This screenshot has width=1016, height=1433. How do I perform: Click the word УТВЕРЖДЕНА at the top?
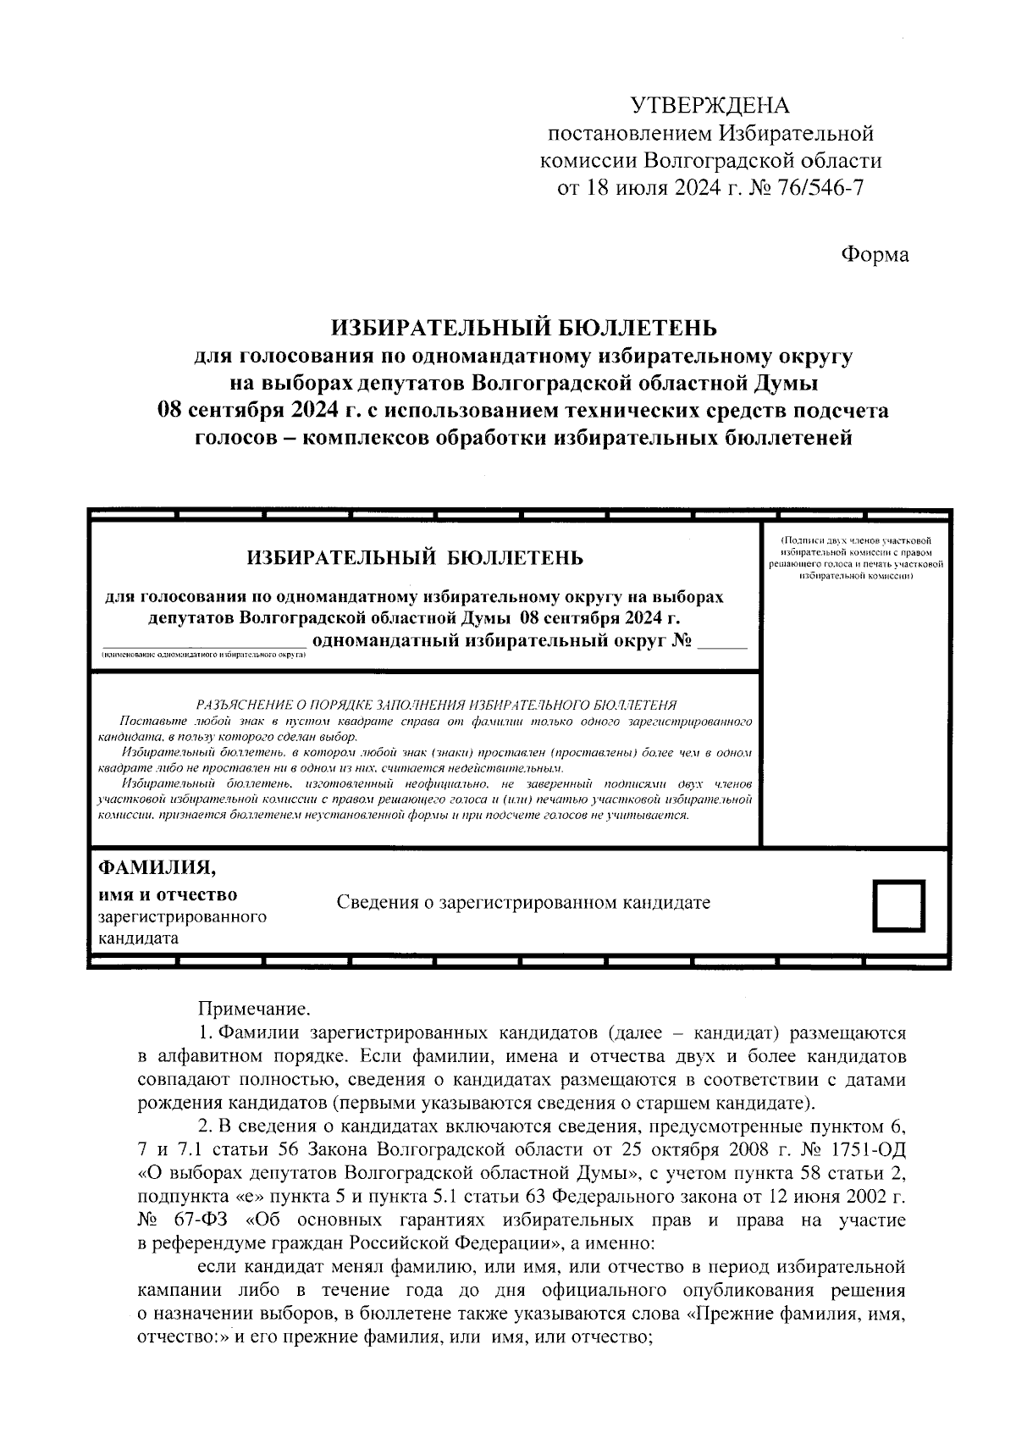(x=710, y=106)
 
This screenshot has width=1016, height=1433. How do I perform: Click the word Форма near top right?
(x=875, y=254)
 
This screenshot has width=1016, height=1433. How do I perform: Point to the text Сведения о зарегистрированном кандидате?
(x=523, y=902)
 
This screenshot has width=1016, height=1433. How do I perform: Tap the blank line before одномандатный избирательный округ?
(x=203, y=643)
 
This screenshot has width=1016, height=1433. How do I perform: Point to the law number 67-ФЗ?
(x=198, y=1220)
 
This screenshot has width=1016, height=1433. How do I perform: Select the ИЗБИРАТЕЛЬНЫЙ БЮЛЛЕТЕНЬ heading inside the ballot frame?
(x=415, y=558)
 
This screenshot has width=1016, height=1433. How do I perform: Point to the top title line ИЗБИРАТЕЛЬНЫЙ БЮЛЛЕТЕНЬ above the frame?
(x=523, y=326)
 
